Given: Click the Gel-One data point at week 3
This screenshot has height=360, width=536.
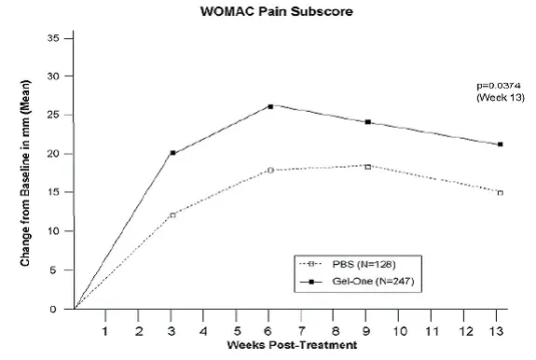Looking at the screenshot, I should (172, 152).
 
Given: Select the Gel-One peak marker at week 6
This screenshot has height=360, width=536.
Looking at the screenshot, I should (270, 106).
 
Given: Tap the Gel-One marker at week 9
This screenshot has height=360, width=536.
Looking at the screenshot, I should (368, 122).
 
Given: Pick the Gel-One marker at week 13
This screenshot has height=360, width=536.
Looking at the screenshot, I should (501, 145).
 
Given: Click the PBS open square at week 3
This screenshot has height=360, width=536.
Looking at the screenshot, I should (172, 215).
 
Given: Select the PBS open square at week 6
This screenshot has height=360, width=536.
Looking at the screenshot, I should (270, 170).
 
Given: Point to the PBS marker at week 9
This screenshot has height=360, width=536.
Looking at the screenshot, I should (368, 166).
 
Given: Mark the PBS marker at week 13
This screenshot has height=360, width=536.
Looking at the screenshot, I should (501, 192).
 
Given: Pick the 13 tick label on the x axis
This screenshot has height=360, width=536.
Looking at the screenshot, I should (500, 330).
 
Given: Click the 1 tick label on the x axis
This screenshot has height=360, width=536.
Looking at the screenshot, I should (105, 330).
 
